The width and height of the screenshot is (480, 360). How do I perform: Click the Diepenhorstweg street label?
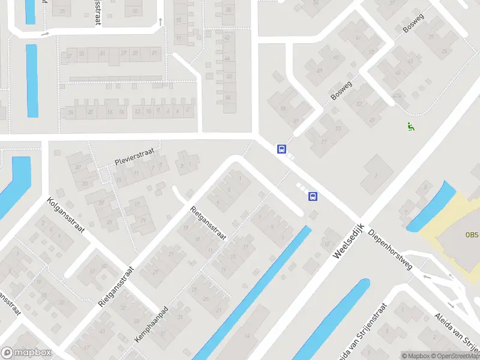point(391,248)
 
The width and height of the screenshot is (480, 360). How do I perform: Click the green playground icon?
point(411,126)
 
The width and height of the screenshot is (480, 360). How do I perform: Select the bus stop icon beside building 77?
point(281,149)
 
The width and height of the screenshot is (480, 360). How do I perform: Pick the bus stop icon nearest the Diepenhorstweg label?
point(312,196)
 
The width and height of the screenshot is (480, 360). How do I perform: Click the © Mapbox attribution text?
point(415,356)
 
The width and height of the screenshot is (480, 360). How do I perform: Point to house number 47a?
point(396,96)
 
